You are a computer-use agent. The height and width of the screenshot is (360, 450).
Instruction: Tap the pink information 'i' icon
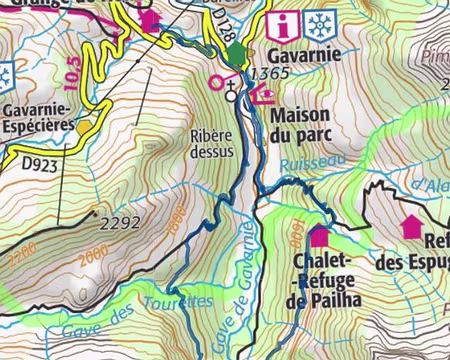287,23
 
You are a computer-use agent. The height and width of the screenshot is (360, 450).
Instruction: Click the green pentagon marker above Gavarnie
236,52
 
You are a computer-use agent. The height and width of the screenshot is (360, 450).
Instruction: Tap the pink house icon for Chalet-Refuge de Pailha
319,237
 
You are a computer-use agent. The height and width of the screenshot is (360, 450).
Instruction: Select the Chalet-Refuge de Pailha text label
321,280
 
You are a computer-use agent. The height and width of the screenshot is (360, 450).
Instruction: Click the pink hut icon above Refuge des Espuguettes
411,226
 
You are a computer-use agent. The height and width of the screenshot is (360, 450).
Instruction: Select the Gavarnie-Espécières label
42,115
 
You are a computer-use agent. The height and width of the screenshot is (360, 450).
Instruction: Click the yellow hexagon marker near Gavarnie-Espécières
84,126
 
